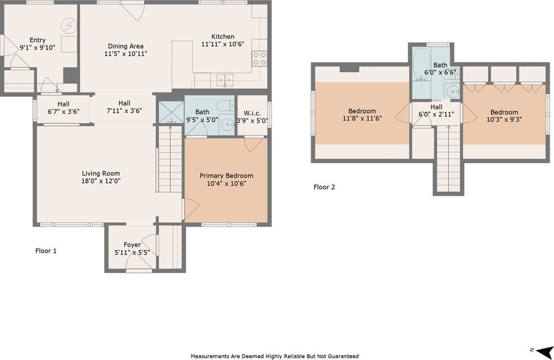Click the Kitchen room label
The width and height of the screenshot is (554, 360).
click(222, 36)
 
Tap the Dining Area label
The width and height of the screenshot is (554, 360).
click(126, 46)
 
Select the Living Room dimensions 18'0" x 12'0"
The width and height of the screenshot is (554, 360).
click(101, 181)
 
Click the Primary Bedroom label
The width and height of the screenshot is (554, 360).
click(226, 176)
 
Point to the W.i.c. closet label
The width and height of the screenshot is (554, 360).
click(252, 113)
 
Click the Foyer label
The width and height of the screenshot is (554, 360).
click(132, 245)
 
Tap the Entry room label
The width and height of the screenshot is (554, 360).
click(37, 40)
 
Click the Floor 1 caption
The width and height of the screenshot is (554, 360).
click(46, 251)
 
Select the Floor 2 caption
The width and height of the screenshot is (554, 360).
click(324, 187)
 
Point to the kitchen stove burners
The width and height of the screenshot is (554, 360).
click(259, 58)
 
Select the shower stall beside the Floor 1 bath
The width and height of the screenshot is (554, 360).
click(171, 112)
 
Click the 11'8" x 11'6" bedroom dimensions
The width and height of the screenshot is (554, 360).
click(362, 118)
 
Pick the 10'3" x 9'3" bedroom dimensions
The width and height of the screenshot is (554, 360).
click(504, 119)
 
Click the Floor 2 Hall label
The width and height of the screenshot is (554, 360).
click(437, 107)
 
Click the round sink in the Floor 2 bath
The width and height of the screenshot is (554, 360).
click(453, 91)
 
